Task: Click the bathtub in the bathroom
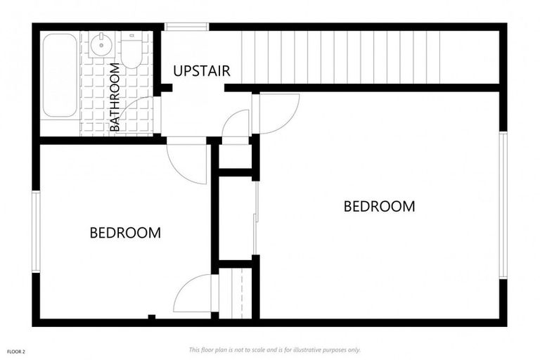click(59, 75)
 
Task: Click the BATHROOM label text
click(115, 97)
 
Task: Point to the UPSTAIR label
click(202, 71)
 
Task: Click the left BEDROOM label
click(125, 233)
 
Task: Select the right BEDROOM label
click(379, 207)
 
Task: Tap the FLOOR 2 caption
click(16, 349)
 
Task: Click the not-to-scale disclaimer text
click(274, 349)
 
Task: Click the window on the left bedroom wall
click(36, 231)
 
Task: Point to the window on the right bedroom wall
click(503, 205)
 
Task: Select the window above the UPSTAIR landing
click(186, 27)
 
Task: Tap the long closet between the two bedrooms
click(236, 217)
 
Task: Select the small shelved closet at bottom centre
click(236, 294)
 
